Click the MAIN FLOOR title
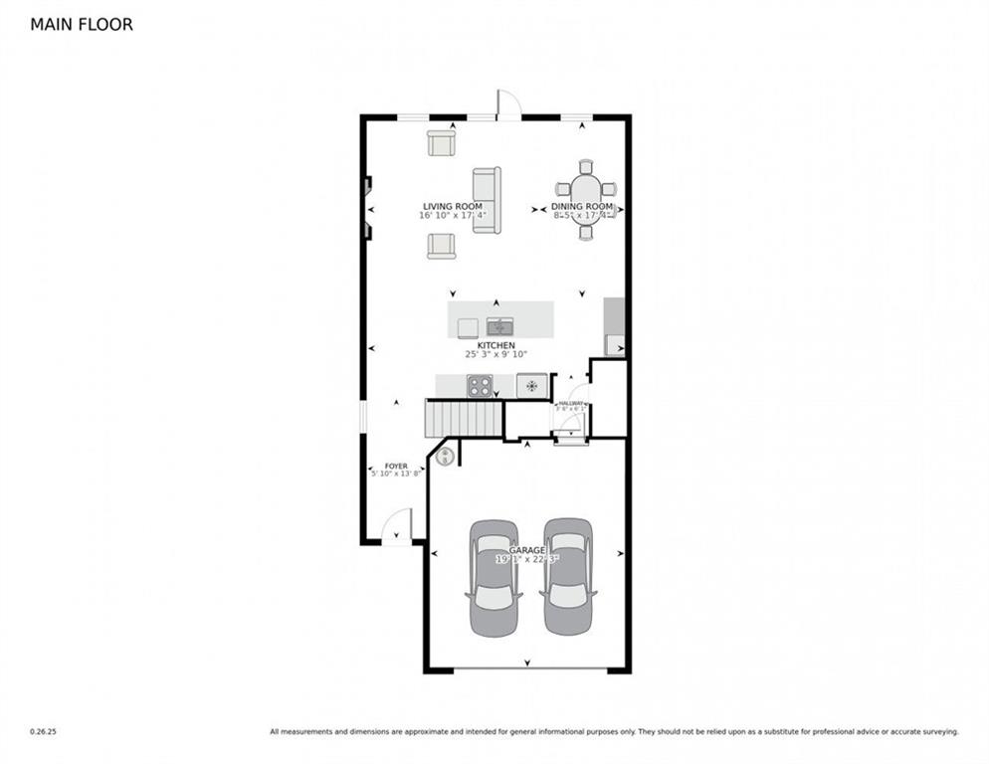(82, 25)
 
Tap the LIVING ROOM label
(453, 207)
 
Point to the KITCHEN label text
(494, 345)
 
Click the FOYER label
(396, 466)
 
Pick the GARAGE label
(526, 550)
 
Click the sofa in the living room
(487, 200)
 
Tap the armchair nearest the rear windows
(441, 143)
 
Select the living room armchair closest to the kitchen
(441, 246)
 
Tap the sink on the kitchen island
(499, 326)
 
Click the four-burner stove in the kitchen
(480, 386)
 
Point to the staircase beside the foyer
(464, 418)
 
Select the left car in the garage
(494, 577)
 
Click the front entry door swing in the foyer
(398, 527)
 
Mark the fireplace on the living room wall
(367, 208)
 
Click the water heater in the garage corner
(446, 457)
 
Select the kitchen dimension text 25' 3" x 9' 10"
(494, 354)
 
